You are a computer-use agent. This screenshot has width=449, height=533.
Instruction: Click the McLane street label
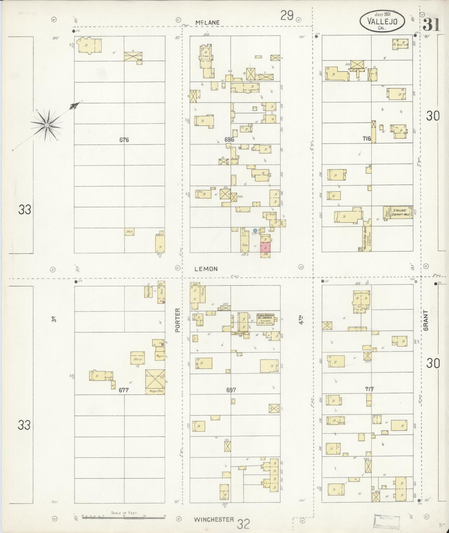click(208, 22)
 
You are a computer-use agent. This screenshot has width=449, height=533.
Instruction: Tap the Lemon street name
click(206, 269)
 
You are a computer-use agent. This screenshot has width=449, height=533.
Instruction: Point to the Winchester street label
click(214, 519)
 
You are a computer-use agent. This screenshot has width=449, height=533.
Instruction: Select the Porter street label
click(177, 320)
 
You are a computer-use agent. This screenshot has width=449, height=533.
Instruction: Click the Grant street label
click(426, 320)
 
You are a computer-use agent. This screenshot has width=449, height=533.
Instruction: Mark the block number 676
click(124, 140)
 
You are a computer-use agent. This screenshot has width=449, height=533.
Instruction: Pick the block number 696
click(229, 140)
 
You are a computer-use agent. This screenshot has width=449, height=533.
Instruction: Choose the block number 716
click(367, 138)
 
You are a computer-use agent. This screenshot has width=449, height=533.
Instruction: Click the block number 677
click(124, 390)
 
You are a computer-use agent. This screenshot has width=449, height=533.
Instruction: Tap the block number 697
click(231, 390)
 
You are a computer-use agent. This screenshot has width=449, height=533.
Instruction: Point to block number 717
click(369, 389)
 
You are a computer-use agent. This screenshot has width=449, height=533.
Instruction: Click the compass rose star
click(47, 125)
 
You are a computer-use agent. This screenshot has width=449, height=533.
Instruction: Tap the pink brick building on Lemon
click(265, 248)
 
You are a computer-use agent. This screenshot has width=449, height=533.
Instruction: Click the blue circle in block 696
click(255, 230)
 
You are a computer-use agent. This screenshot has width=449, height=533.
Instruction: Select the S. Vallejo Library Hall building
click(398, 212)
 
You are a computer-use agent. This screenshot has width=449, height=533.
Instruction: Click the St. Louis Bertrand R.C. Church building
click(265, 319)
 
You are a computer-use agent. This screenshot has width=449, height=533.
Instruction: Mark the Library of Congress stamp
click(387, 521)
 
